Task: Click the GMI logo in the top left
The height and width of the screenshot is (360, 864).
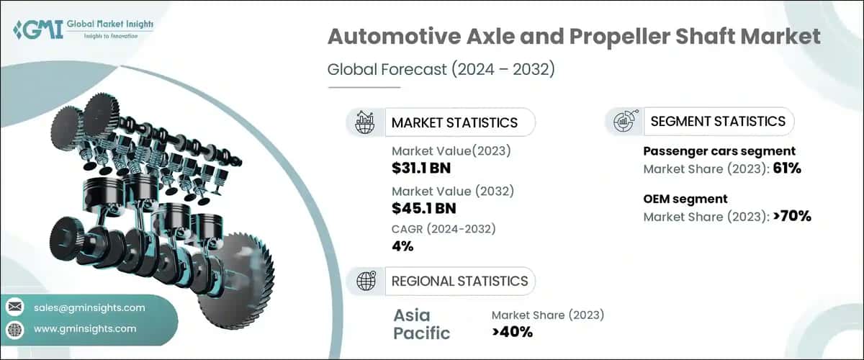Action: pos(83,30)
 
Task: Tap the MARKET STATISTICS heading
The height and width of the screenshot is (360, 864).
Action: pos(454,122)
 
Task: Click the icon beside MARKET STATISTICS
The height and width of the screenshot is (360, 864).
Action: pos(365,122)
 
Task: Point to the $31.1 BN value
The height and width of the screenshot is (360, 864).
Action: pos(425,168)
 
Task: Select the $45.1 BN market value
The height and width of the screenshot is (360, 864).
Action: pos(425,209)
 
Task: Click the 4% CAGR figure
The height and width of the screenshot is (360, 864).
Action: pos(402,246)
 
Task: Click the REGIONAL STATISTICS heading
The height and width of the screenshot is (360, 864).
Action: pos(459,281)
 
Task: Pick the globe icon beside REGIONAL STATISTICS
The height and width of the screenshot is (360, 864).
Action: pos(365,281)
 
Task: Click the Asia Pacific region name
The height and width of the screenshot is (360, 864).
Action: pos(421,324)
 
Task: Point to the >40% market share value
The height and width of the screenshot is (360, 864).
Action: pos(512,332)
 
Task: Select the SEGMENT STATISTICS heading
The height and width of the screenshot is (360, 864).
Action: pos(718,122)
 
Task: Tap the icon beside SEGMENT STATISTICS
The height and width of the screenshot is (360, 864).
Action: pos(624,122)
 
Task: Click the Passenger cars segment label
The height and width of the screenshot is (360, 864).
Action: pos(719,151)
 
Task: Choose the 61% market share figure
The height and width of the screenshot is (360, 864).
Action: pos(787,169)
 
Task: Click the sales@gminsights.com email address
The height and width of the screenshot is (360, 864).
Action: pos(89,307)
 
